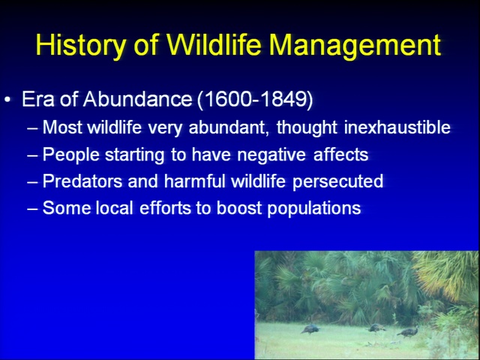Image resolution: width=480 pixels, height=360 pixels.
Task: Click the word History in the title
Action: tap(80, 45)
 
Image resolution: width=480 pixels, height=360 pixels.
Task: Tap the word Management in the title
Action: tap(355, 45)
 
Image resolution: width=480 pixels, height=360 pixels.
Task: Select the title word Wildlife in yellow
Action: tap(214, 44)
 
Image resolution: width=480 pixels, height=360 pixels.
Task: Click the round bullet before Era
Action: tap(7, 99)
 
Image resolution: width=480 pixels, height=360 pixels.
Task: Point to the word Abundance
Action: tap(137, 99)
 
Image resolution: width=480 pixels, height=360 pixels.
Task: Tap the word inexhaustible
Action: tap(397, 127)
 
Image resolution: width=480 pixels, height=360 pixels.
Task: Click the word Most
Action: tap(62, 127)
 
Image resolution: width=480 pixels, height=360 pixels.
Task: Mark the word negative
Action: tap(271, 154)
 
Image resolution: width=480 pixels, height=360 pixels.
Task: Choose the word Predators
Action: tap(82, 181)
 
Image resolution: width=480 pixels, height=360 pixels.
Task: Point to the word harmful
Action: tap(195, 181)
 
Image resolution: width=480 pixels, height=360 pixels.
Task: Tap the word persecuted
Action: tap(337, 181)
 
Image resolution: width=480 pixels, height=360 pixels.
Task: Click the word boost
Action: tap(238, 208)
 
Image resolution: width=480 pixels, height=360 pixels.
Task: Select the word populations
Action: tap(314, 208)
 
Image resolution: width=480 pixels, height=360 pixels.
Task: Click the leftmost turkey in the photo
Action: tap(310, 329)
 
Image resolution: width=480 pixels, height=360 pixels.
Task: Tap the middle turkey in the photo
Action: tap(376, 328)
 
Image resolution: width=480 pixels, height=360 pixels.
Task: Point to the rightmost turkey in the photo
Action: tap(408, 331)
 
